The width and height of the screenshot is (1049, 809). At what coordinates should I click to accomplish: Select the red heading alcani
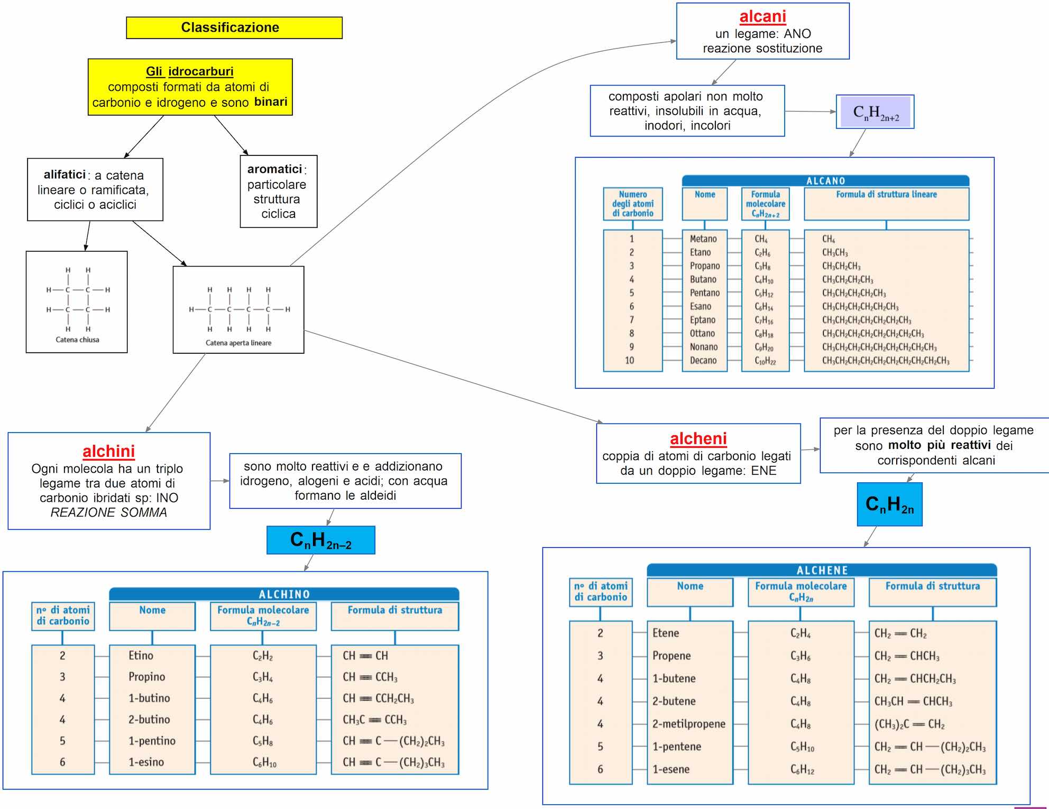click(762, 17)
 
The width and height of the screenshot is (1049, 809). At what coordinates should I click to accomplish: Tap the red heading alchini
click(108, 451)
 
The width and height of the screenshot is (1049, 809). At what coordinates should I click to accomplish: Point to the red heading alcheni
click(698, 439)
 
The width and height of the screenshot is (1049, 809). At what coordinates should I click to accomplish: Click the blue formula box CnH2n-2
click(320, 540)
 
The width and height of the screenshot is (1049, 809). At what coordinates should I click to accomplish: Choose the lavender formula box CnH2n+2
click(875, 112)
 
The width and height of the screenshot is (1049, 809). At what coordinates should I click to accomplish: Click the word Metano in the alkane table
click(703, 239)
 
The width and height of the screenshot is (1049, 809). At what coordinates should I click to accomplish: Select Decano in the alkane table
click(703, 361)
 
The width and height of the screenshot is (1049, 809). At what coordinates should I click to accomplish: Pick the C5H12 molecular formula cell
click(764, 293)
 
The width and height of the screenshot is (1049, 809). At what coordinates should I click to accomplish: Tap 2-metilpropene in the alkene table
click(688, 724)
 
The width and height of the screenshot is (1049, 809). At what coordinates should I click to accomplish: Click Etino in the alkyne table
click(141, 656)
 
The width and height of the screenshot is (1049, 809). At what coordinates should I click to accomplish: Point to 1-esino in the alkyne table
click(146, 762)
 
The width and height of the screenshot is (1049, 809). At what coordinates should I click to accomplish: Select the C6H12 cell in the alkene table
click(802, 770)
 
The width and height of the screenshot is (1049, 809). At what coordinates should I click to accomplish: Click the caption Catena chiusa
click(77, 340)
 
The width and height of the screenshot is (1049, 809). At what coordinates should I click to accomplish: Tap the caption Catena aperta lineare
click(238, 343)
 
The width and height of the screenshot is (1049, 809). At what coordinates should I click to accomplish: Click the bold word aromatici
click(274, 169)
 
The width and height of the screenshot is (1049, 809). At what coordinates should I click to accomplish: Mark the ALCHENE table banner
click(822, 570)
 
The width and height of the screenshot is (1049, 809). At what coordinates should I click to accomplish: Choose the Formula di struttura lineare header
click(886, 195)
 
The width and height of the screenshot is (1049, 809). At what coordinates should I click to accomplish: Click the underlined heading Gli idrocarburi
click(189, 71)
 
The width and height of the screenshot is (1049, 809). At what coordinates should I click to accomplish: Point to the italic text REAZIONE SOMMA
click(108, 512)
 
